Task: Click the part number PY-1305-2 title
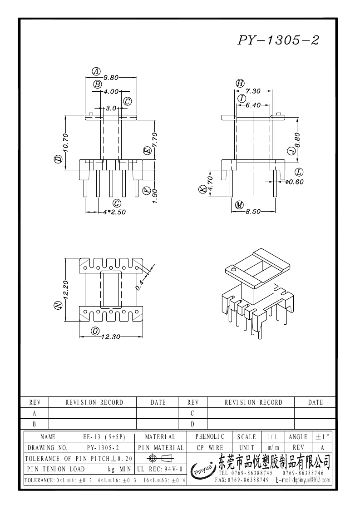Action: [278, 40]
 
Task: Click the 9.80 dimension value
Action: [111, 77]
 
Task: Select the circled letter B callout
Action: [97, 84]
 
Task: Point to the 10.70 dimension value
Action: [65, 142]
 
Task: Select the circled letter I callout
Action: [241, 98]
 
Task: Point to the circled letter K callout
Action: [202, 189]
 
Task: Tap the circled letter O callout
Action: [95, 331]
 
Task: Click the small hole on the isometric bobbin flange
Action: [233, 270]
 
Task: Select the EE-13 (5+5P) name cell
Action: [104, 437]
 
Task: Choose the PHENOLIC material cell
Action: [210, 436]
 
